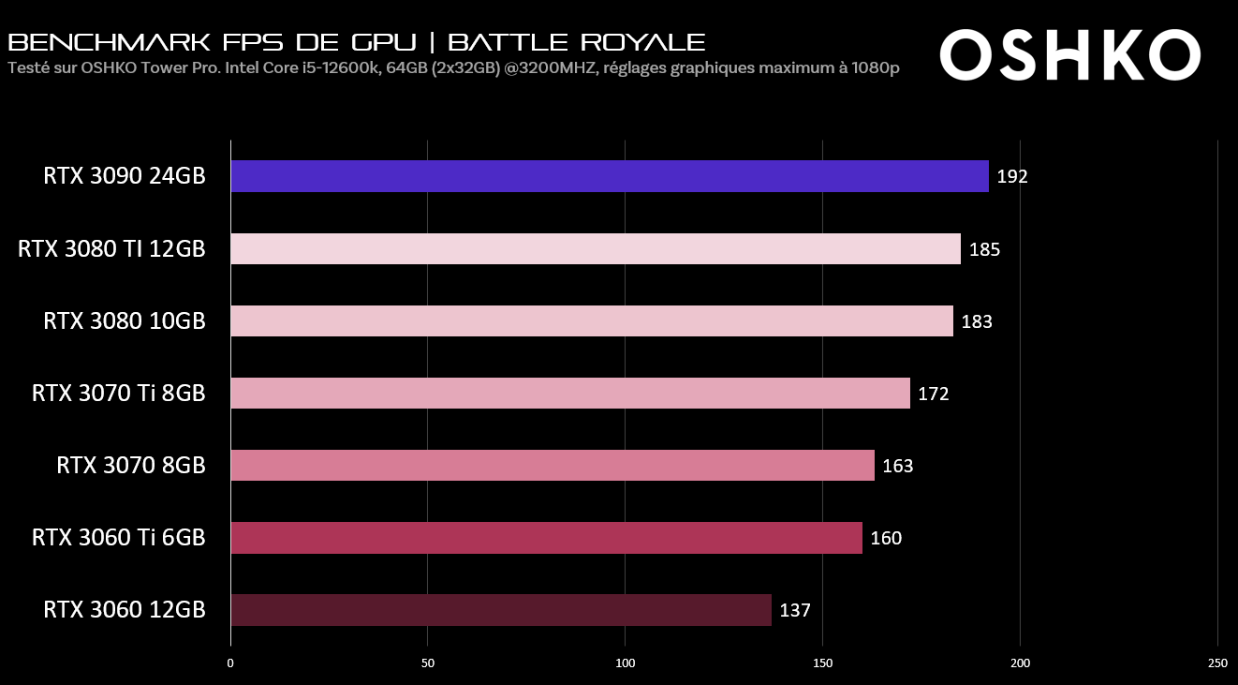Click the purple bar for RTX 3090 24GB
609,176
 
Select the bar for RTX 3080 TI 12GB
595,248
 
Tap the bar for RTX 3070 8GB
553,465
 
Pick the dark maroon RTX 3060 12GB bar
501,609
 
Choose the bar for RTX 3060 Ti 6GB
546,538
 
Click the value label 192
1012,177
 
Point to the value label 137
794,610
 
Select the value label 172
933,394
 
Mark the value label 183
976,321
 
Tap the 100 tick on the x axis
626,663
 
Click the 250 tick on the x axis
1216,663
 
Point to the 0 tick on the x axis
230,663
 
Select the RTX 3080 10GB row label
124,320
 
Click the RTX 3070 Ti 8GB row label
118,393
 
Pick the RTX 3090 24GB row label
124,176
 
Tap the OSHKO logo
1069,54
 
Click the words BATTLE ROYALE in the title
577,42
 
